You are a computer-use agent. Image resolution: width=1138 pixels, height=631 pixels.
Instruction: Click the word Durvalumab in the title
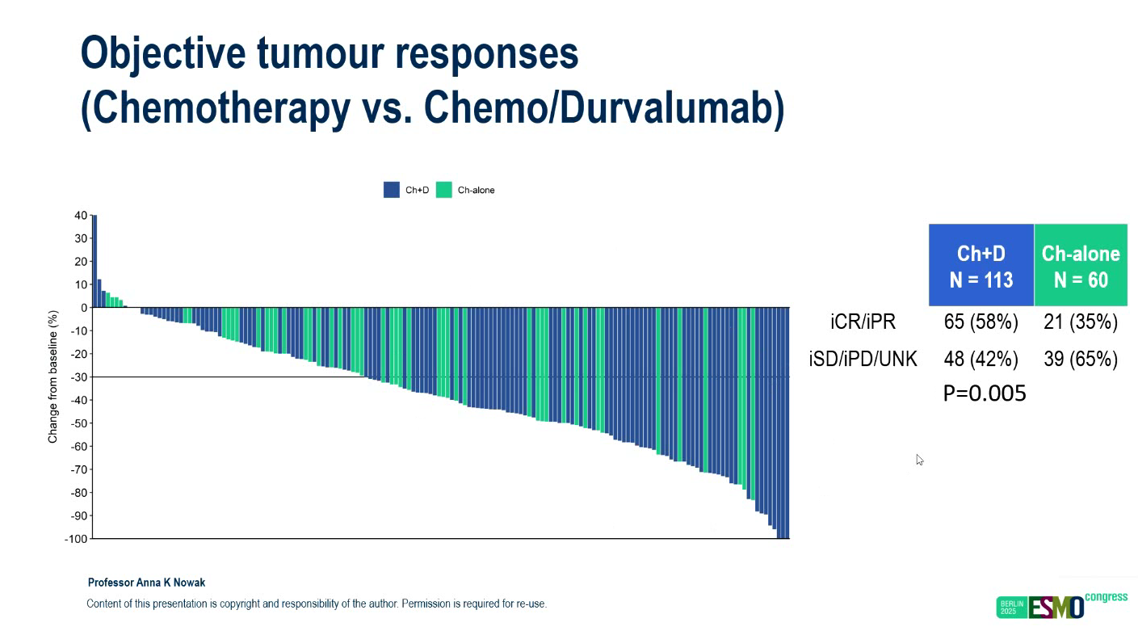point(672,109)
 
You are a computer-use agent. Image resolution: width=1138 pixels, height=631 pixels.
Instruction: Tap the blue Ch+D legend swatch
point(392,190)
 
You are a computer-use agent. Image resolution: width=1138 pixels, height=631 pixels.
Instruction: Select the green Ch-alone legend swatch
point(443,190)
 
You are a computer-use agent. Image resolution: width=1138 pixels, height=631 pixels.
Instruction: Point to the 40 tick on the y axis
point(81,216)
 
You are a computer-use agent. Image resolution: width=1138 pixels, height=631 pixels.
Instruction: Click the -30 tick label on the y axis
point(78,377)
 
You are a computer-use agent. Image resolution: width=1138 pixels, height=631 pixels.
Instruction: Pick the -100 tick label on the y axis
point(75,539)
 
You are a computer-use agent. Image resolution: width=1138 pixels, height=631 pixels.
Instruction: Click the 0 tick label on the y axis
point(83,308)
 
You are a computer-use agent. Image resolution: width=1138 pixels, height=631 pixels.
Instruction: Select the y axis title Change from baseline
point(53,376)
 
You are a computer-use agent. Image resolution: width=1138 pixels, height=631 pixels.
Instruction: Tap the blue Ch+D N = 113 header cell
point(981,265)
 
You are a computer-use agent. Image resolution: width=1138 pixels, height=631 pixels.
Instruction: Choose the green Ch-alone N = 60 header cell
point(1081,265)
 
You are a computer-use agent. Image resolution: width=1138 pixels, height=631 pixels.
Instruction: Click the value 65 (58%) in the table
point(981,322)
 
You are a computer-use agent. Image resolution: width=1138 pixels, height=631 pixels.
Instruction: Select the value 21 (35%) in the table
point(1081,322)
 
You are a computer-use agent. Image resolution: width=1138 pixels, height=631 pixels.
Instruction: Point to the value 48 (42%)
point(981,359)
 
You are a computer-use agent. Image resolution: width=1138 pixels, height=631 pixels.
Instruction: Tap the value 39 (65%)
point(1081,359)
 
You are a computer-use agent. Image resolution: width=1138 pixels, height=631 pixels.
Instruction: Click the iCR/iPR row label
point(863,322)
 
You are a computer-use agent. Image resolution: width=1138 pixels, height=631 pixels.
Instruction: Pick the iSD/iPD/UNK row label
point(863,359)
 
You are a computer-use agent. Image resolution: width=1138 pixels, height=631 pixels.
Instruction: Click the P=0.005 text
point(985,393)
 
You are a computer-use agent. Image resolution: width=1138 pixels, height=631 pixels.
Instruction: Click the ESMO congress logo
point(1061,605)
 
